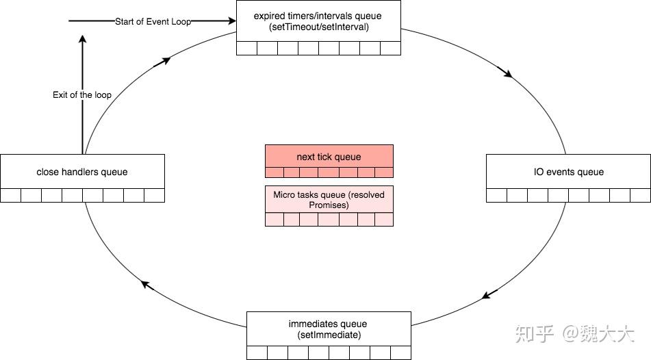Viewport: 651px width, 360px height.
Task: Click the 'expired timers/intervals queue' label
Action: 318,15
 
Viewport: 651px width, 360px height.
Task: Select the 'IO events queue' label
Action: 569,172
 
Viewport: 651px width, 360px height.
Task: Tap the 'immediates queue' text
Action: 328,323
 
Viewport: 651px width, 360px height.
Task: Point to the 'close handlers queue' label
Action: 82,172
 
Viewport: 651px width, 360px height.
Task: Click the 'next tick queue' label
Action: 329,157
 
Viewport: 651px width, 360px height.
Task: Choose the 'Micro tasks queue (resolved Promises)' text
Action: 329,200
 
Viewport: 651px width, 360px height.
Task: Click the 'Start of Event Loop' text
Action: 153,21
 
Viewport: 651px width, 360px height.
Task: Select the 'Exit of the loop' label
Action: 82,94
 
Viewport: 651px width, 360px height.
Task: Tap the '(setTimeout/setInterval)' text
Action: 318,28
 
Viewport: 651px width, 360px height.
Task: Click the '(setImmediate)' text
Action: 328,335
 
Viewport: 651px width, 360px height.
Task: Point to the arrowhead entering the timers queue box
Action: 230,21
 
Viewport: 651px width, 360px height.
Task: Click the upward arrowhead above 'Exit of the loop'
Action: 83,40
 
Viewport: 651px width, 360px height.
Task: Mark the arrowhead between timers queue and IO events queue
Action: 507,74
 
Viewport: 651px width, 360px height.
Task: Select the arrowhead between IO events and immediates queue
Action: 487,295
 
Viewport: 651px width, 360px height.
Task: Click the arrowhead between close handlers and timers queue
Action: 164,62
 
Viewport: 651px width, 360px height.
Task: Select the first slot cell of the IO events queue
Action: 496,196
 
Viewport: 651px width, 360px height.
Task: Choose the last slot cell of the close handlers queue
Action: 154,196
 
